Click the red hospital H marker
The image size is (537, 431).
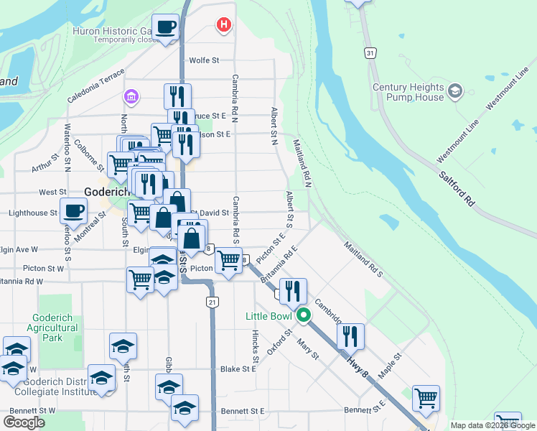[224, 26]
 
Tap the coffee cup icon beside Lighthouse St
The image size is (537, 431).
[74, 211]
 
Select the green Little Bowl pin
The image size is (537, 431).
[304, 315]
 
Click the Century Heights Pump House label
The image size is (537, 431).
[408, 92]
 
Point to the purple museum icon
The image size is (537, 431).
[131, 96]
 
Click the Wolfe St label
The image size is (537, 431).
[203, 61]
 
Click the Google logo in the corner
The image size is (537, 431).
[24, 422]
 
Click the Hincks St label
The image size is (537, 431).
[256, 346]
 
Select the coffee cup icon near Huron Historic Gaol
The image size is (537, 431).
[167, 27]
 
